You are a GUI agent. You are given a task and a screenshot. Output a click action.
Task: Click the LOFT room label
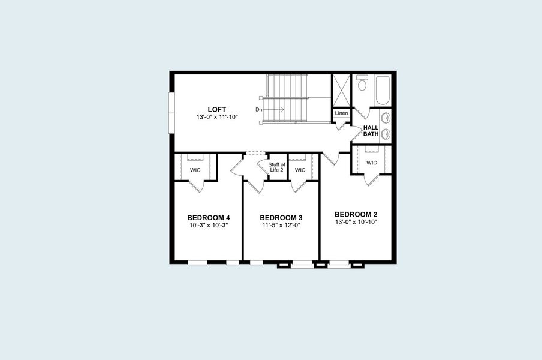click(x=216, y=109)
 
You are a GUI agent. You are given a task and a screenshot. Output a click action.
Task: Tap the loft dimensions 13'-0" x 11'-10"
click(x=216, y=117)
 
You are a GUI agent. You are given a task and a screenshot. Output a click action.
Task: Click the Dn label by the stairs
click(x=259, y=110)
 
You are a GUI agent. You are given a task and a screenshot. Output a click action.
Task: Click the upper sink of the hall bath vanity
click(x=386, y=118)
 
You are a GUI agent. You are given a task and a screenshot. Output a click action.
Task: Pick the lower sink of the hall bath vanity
click(x=386, y=134)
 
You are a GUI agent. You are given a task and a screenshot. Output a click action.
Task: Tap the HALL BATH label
click(x=371, y=131)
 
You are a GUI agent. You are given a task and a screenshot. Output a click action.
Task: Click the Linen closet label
click(x=341, y=113)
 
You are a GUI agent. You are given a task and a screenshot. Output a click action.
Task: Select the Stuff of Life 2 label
click(x=276, y=167)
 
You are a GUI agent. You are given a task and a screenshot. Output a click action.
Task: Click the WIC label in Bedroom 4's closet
click(x=195, y=170)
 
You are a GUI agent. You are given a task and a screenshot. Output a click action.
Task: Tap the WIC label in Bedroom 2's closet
click(x=371, y=163)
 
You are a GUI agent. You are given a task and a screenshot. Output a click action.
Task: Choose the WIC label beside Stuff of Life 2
click(x=300, y=170)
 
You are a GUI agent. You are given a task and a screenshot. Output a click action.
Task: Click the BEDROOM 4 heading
click(x=208, y=217)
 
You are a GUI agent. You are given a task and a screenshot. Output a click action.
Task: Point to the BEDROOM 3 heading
click(x=281, y=217)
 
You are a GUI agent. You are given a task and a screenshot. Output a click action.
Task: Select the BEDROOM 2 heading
click(x=356, y=214)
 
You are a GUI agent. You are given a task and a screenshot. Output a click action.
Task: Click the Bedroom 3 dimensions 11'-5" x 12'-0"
click(x=281, y=226)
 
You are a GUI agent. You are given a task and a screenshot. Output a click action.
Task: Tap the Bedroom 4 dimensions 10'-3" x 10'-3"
click(x=208, y=226)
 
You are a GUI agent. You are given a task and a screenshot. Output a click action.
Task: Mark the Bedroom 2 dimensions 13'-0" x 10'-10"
click(x=356, y=222)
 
